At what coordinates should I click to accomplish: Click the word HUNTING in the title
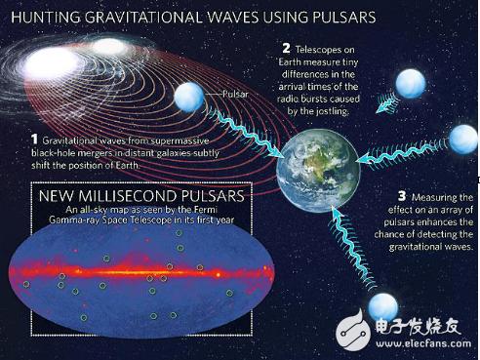tap(46, 17)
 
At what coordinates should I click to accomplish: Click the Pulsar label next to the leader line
tap(235, 94)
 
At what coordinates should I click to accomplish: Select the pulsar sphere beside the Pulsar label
tap(189, 97)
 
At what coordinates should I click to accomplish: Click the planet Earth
tap(318, 170)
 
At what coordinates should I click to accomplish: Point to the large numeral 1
tap(34, 140)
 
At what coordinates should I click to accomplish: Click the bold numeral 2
tap(286, 49)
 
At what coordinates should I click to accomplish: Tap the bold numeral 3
tap(402, 196)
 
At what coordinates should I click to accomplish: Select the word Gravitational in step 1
tap(70, 140)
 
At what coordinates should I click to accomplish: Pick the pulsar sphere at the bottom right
tap(383, 307)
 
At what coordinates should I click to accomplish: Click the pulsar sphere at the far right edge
tap(464, 140)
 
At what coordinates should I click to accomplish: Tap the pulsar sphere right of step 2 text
tap(411, 84)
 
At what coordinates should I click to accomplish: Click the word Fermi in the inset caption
tap(208, 209)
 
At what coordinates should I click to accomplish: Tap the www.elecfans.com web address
tap(423, 343)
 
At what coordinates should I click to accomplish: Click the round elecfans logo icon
tap(353, 331)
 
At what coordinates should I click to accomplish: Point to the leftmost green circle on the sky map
tap(26, 285)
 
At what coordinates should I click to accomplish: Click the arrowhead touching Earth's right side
tap(362, 159)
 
